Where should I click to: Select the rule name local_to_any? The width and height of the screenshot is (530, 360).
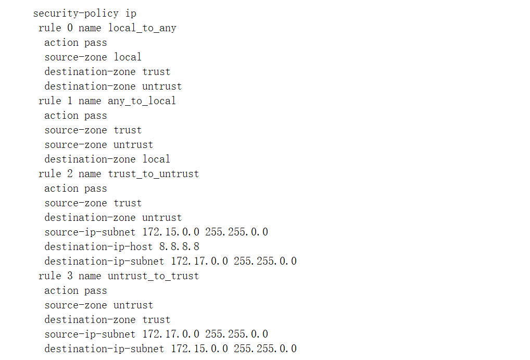pyautogui.click(x=142, y=28)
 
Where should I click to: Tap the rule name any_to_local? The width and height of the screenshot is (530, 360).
pyautogui.click(x=142, y=101)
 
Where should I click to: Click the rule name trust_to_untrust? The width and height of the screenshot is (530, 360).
pyautogui.click(x=153, y=173)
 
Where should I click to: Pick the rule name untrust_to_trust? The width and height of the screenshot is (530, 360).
pyautogui.click(x=153, y=276)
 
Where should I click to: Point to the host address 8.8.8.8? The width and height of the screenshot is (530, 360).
pyautogui.click(x=179, y=246)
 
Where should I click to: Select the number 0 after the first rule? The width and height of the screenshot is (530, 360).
pyautogui.click(x=70, y=28)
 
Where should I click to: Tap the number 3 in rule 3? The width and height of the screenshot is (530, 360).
pyautogui.click(x=70, y=276)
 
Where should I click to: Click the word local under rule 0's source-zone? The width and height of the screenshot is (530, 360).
pyautogui.click(x=128, y=57)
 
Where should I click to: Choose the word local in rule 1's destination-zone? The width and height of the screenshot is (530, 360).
pyautogui.click(x=156, y=159)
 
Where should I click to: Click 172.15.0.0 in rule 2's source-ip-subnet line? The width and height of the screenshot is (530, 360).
pyautogui.click(x=171, y=232)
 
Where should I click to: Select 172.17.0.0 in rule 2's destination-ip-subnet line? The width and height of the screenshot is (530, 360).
pyautogui.click(x=199, y=261)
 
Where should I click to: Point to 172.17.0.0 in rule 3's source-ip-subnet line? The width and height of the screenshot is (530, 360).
pyautogui.click(x=171, y=334)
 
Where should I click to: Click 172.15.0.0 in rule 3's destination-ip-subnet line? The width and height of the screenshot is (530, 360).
pyautogui.click(x=199, y=349)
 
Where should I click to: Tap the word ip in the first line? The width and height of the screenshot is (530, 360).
pyautogui.click(x=131, y=13)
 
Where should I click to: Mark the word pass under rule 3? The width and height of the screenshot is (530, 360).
pyautogui.click(x=96, y=290)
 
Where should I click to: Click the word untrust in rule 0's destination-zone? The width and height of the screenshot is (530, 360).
pyautogui.click(x=162, y=86)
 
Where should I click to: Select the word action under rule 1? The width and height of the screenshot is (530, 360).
pyautogui.click(x=61, y=115)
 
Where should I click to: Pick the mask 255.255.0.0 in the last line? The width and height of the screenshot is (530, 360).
pyautogui.click(x=265, y=349)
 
